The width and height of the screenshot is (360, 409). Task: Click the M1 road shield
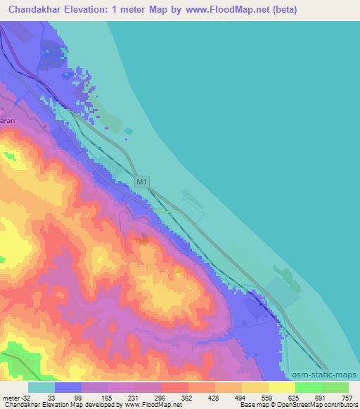click(141, 182)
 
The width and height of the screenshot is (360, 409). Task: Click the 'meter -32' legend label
click(16, 397)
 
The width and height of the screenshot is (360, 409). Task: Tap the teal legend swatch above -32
click(41, 387)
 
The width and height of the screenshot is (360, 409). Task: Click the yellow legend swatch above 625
click(282, 387)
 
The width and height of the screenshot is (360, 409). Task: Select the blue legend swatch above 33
click(68, 387)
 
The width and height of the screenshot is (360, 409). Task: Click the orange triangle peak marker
click(179, 268)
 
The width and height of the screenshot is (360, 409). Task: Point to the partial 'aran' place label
click(7, 120)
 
